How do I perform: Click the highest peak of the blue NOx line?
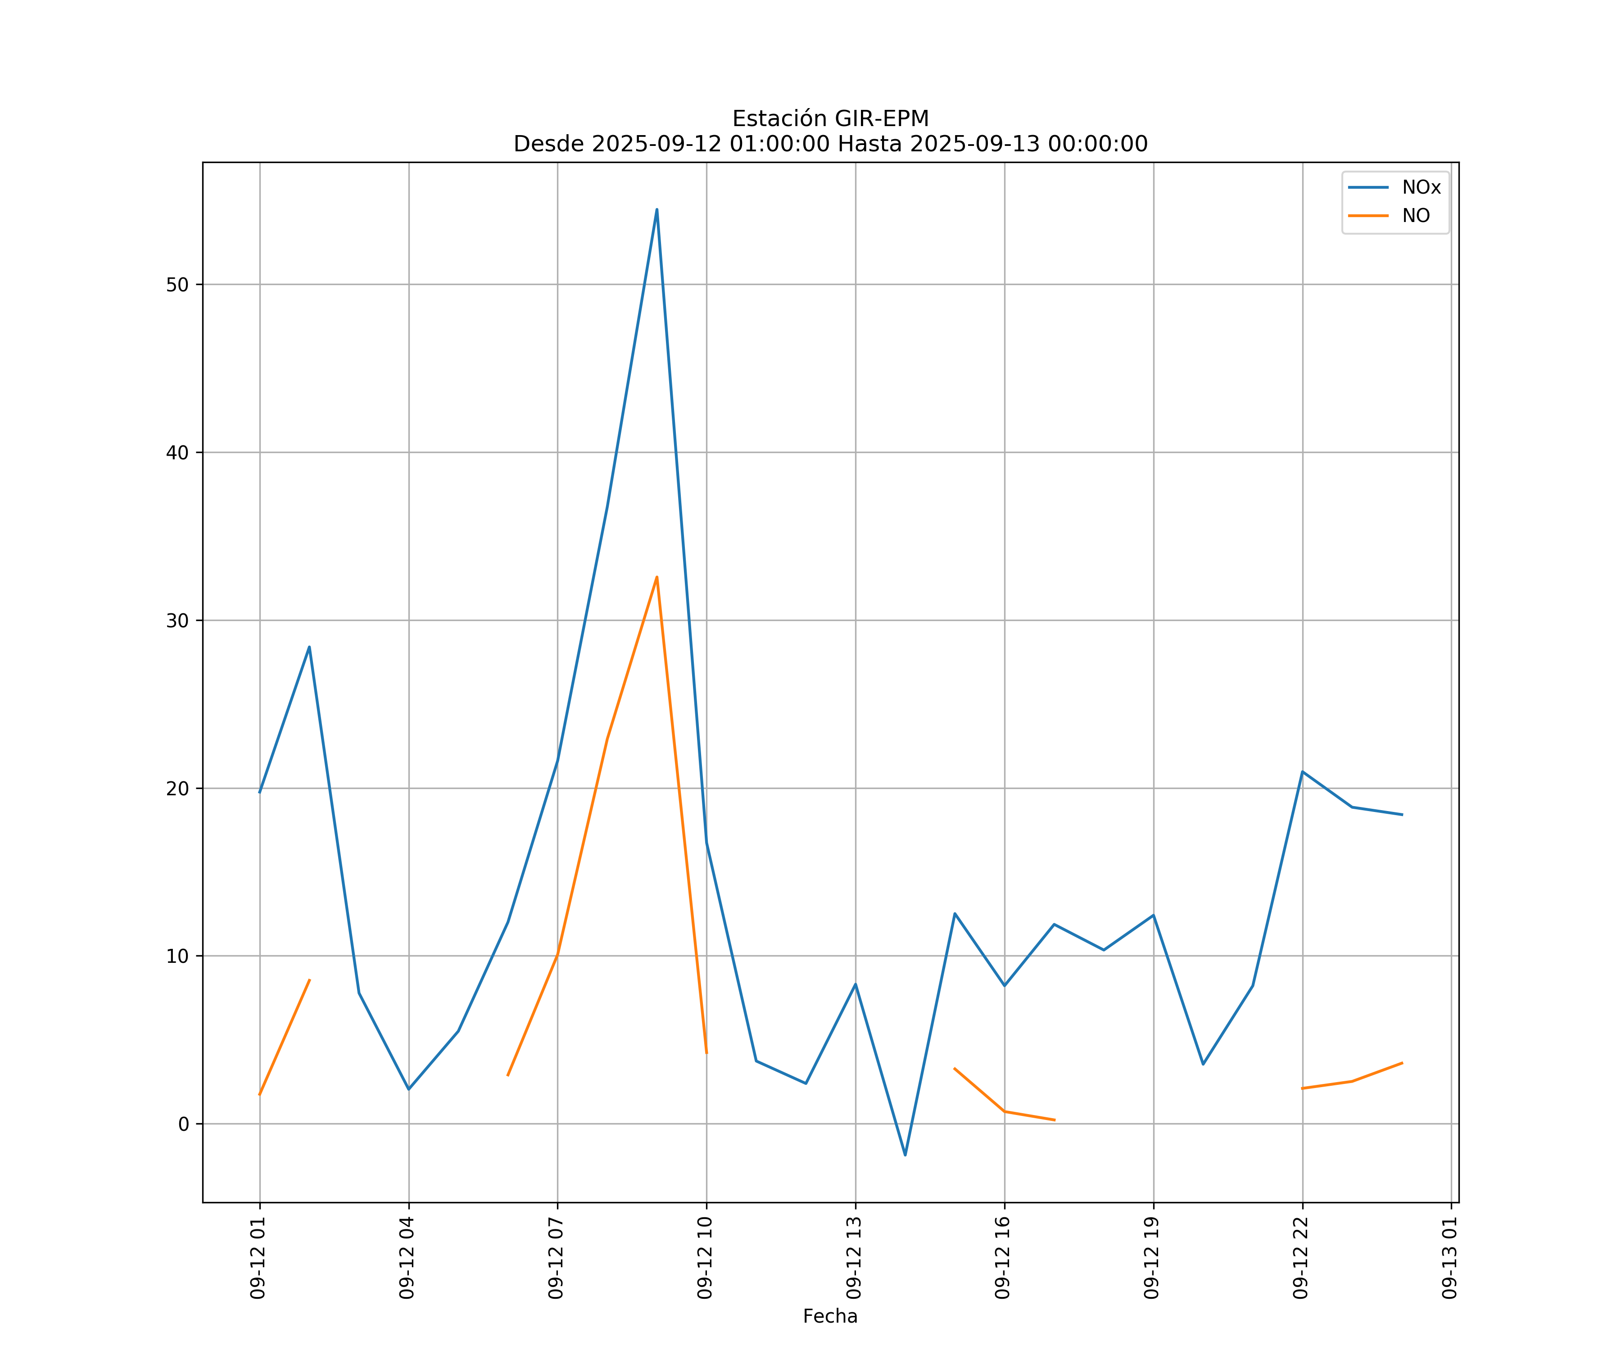click(x=657, y=209)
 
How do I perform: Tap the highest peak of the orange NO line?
click(x=657, y=577)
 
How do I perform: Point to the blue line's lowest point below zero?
click(x=906, y=1155)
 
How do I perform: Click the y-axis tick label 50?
click(x=177, y=285)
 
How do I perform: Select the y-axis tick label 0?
click(x=183, y=1124)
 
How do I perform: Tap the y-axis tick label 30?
click(x=177, y=621)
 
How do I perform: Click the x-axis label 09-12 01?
click(x=258, y=1258)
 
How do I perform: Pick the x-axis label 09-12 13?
click(x=854, y=1258)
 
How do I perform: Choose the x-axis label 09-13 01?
click(x=1449, y=1258)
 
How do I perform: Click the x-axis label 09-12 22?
click(x=1301, y=1258)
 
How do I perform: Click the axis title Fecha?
click(x=830, y=1316)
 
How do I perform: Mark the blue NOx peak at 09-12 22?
click(x=1302, y=772)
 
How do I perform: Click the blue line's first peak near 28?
click(x=309, y=647)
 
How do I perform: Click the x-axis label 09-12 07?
click(x=556, y=1258)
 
